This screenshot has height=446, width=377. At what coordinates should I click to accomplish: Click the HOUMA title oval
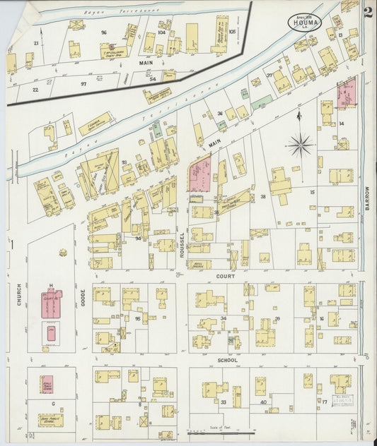(303, 22)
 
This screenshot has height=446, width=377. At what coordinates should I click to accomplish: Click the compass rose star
(300, 145)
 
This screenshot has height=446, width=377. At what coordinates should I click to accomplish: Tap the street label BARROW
(369, 200)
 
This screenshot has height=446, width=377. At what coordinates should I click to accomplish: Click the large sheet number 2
(368, 11)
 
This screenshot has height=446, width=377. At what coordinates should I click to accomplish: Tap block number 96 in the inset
(103, 32)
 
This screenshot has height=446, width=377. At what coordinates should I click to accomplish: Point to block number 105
(232, 31)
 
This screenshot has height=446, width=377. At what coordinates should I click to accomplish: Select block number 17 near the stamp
(325, 402)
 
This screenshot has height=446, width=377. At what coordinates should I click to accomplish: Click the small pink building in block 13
(347, 92)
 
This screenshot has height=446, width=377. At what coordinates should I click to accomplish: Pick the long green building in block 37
(261, 102)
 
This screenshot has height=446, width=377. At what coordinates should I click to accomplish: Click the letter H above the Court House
(51, 285)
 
